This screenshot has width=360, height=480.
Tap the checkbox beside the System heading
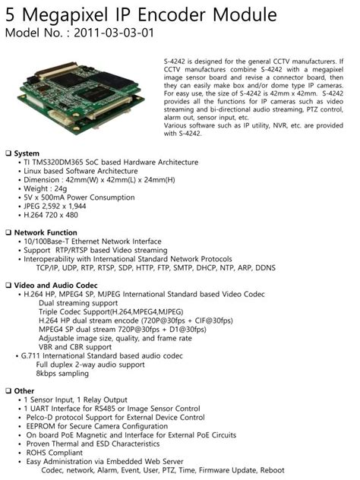tap(8, 153)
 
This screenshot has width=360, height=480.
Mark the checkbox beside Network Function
tap(8, 232)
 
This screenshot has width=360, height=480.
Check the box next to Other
tap(8, 390)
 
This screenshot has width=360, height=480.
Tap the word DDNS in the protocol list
tap(261, 268)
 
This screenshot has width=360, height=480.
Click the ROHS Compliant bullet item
tap(56, 452)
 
